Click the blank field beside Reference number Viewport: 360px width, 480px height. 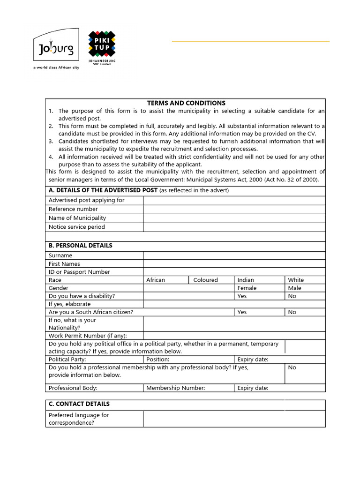coord(234,209)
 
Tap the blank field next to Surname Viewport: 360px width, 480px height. coord(234,255)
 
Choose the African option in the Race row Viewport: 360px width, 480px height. coord(156,280)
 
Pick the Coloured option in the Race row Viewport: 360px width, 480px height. coord(205,280)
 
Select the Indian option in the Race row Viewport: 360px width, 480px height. coord(246,280)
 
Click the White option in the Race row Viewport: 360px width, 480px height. coord(296,280)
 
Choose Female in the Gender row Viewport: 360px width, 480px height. coord(247,288)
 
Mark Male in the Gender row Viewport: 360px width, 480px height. coord(295,288)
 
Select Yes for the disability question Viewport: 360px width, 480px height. coord(242,296)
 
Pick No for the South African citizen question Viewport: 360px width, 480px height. coord(292,312)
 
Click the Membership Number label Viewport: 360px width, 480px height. coord(175,388)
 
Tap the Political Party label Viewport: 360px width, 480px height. coord(67,360)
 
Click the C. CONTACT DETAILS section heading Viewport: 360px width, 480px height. coord(79,404)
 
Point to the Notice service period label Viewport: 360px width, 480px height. coord(77,227)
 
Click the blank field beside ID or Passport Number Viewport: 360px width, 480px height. coord(234,272)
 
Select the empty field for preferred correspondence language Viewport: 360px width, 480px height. coord(234,419)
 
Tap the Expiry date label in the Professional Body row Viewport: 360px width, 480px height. coord(253,388)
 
